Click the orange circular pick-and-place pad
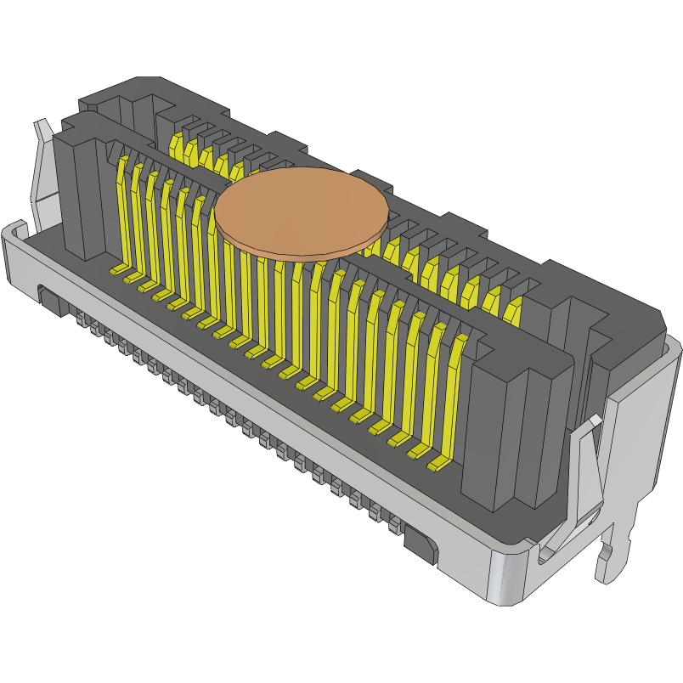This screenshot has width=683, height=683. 301,212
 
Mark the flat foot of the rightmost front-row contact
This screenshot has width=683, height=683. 437,465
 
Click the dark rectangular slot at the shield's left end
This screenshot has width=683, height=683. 51,300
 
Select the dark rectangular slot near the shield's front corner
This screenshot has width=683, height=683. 421,544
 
